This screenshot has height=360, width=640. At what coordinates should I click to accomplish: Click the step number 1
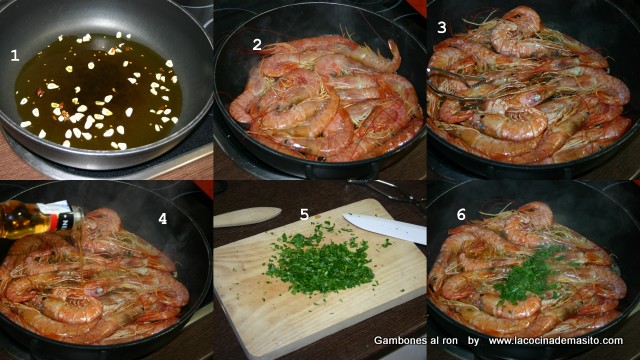15,55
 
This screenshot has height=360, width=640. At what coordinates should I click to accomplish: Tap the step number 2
257,44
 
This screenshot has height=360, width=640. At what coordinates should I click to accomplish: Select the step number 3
442,28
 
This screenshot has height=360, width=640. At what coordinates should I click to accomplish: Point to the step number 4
162,219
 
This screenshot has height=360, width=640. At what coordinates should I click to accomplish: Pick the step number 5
304,214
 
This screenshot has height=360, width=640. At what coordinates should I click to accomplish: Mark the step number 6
461,214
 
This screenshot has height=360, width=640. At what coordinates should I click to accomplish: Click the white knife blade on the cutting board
385,228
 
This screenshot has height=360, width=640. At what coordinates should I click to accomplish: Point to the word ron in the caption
449,340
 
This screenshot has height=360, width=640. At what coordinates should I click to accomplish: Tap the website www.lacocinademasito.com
556,340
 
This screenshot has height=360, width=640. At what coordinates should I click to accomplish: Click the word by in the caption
473,341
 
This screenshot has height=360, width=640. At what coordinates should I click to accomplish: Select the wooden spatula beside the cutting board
247,216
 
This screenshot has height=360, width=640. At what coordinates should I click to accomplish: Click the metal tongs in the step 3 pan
453,84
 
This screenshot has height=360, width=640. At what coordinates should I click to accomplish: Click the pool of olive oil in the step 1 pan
98,92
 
